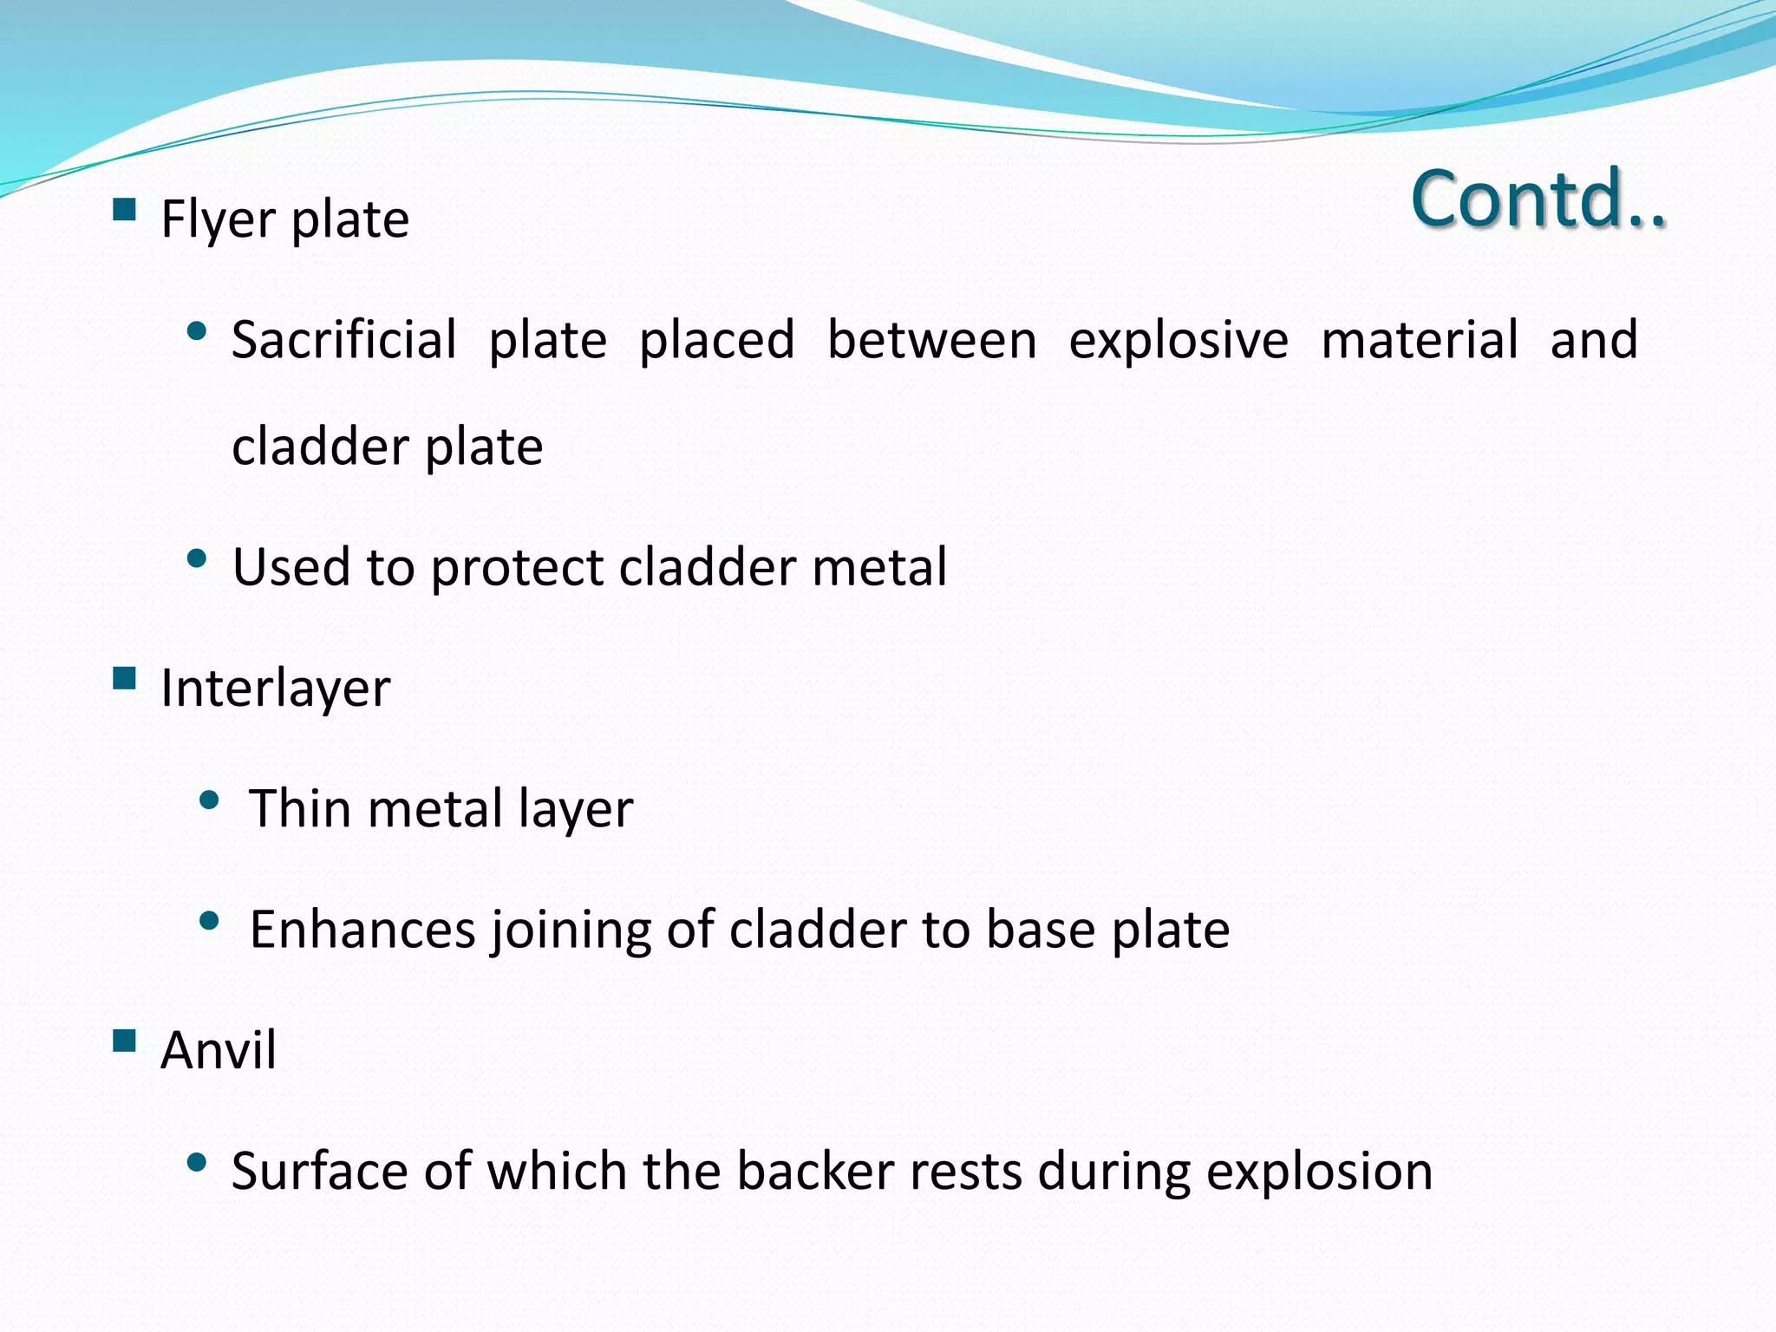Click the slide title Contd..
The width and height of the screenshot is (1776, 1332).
coord(1538,199)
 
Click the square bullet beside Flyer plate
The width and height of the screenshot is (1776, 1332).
coord(125,210)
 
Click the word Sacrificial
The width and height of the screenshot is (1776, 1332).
coord(343,339)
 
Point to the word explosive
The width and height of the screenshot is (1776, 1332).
coord(1178,339)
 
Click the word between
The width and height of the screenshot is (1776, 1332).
coord(931,339)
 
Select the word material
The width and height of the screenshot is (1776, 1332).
coord(1419,339)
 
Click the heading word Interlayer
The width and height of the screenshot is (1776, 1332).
coord(276,689)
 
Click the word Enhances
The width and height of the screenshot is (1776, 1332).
coord(362,930)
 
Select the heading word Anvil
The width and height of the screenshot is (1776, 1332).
coord(219,1050)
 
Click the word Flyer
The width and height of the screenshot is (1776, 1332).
coord(219,219)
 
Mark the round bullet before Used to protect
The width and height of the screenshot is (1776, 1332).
coord(197,558)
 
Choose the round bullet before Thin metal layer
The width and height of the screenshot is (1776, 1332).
coord(209,800)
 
